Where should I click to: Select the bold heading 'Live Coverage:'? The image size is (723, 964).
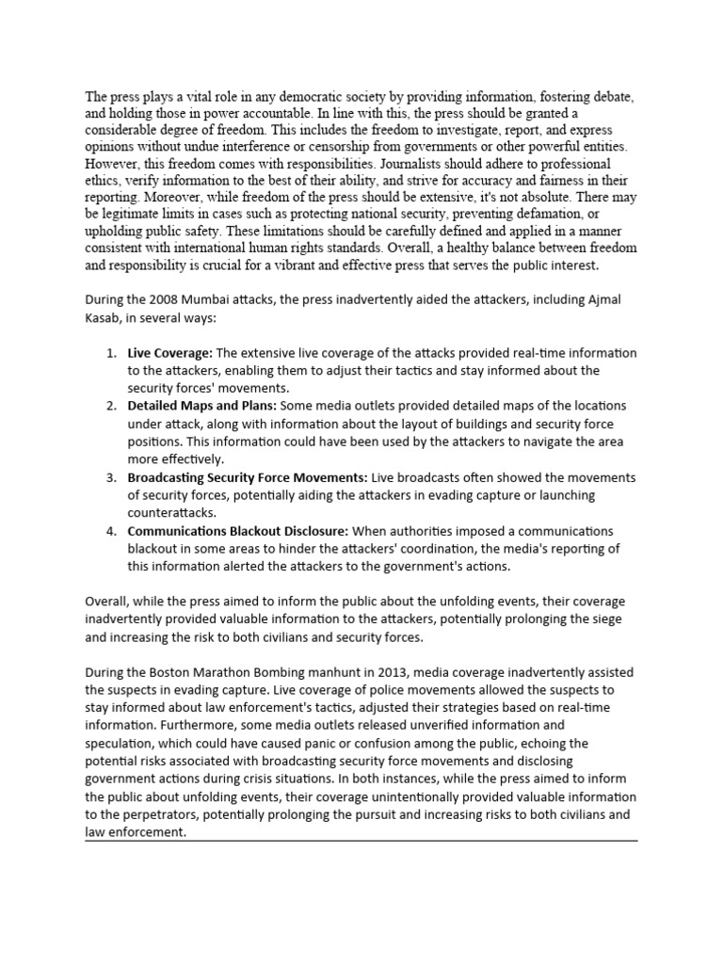[x=170, y=353]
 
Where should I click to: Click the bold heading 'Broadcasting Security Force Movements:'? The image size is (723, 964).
[x=249, y=478]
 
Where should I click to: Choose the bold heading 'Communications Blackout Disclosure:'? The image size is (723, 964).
[x=238, y=531]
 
